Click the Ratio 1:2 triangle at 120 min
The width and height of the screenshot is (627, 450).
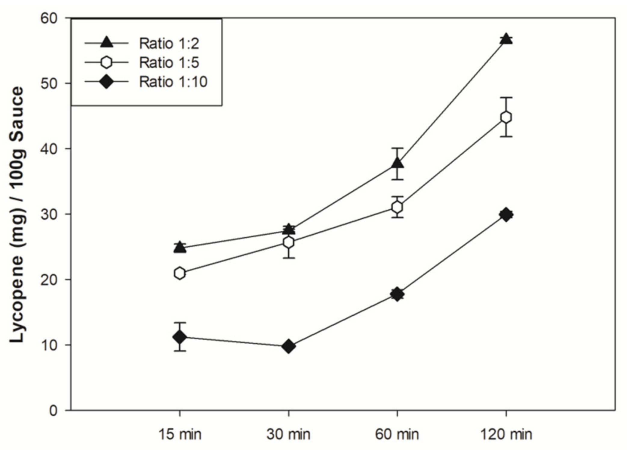[506, 39]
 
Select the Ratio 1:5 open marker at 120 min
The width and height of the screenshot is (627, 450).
[506, 117]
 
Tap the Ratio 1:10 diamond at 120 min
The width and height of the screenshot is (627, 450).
[506, 214]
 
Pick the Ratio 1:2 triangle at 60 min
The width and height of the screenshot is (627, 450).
[397, 163]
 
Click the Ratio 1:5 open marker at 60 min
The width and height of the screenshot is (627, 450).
[397, 207]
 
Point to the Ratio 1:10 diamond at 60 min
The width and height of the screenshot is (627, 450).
[397, 294]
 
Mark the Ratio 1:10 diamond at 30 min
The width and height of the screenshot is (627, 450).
[288, 346]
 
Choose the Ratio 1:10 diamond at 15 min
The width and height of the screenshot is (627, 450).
[180, 337]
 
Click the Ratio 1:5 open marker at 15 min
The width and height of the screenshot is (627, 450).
[180, 273]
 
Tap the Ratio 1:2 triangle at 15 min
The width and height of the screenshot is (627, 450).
[180, 247]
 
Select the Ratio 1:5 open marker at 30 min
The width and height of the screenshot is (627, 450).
[288, 242]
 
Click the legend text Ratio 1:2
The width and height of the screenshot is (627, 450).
[169, 44]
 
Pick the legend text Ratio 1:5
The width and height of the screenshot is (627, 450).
[169, 63]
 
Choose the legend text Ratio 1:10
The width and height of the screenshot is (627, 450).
[173, 82]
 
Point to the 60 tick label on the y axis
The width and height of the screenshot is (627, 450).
[49, 19]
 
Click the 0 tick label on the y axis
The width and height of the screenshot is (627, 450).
[53, 411]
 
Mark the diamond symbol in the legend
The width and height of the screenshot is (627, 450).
[106, 82]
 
